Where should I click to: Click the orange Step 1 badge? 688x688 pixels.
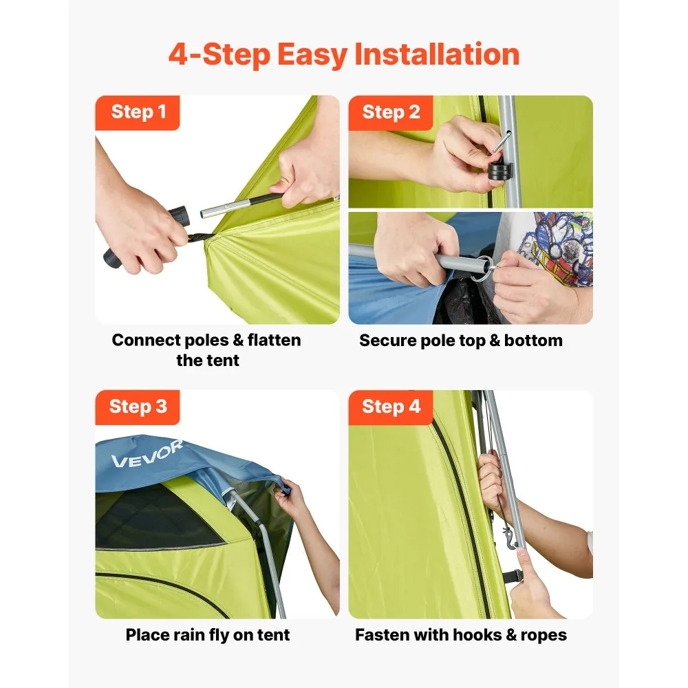[x=138, y=113]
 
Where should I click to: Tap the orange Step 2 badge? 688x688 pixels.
[x=391, y=113]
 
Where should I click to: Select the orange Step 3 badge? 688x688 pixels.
[x=138, y=407]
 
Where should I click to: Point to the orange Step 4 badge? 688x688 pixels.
[x=391, y=407]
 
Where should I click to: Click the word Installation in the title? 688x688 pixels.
[x=437, y=54]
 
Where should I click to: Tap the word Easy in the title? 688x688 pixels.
[x=312, y=56]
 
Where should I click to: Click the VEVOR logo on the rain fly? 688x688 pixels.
[x=147, y=454]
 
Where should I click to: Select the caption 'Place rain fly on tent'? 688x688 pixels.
[x=208, y=635]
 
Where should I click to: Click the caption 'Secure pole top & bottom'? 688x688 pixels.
[x=461, y=341]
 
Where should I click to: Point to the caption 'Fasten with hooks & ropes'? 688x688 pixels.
[x=461, y=635]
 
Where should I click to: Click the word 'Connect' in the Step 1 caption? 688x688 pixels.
[x=146, y=340]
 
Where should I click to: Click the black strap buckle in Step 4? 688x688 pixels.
[x=513, y=576]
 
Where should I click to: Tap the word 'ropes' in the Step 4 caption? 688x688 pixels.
[x=544, y=636]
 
